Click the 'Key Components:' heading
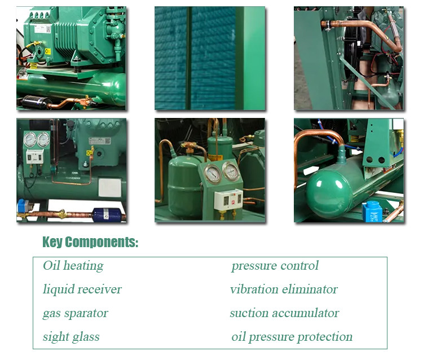point(90,242)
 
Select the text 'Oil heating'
point(73,266)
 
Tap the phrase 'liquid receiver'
point(82,289)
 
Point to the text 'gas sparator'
point(75,313)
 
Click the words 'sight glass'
point(71,337)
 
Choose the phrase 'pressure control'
point(275,266)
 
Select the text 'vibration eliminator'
point(284,289)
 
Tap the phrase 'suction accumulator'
point(284,313)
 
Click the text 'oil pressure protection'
point(292,337)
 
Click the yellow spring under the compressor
point(33,65)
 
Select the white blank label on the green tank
point(109,187)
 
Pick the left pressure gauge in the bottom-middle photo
point(213,174)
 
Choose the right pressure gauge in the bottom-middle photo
point(231,171)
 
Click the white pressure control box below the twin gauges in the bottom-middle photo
point(228,199)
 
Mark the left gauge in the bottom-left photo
point(30,139)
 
